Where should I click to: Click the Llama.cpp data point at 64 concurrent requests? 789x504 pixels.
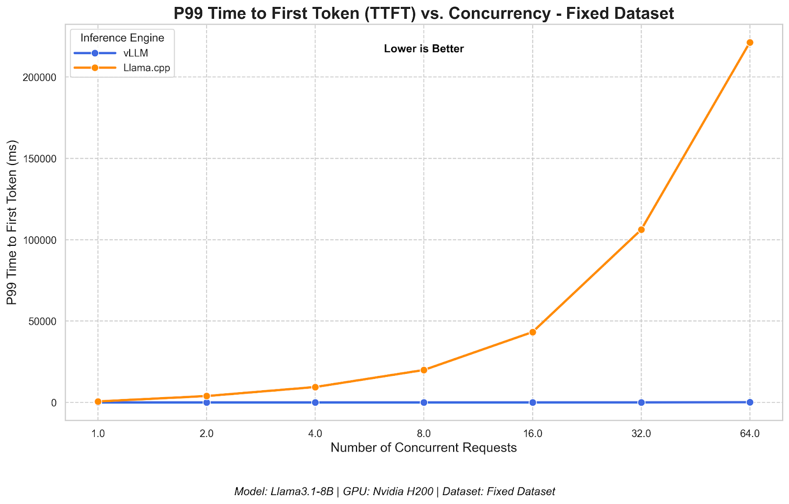pos(750,42)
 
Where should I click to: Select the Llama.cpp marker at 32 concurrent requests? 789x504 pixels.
pos(641,230)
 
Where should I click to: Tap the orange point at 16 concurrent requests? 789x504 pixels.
pos(533,332)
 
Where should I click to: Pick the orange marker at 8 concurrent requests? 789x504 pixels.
pos(424,370)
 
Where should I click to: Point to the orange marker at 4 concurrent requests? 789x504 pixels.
pos(315,387)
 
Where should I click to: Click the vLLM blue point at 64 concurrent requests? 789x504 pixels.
pos(750,402)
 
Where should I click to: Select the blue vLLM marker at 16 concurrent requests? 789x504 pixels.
pos(533,403)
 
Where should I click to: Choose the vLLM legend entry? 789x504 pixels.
pos(135,53)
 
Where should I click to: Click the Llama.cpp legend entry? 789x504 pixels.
pos(146,67)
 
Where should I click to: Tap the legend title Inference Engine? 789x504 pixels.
pos(122,38)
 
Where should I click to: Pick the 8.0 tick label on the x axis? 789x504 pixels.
pos(424,434)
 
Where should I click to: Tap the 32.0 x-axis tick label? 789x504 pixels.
pos(641,434)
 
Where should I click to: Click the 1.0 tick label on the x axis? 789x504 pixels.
pos(98,434)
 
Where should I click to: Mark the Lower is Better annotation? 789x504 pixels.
pos(424,49)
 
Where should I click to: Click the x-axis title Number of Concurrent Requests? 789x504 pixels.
pos(424,448)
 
